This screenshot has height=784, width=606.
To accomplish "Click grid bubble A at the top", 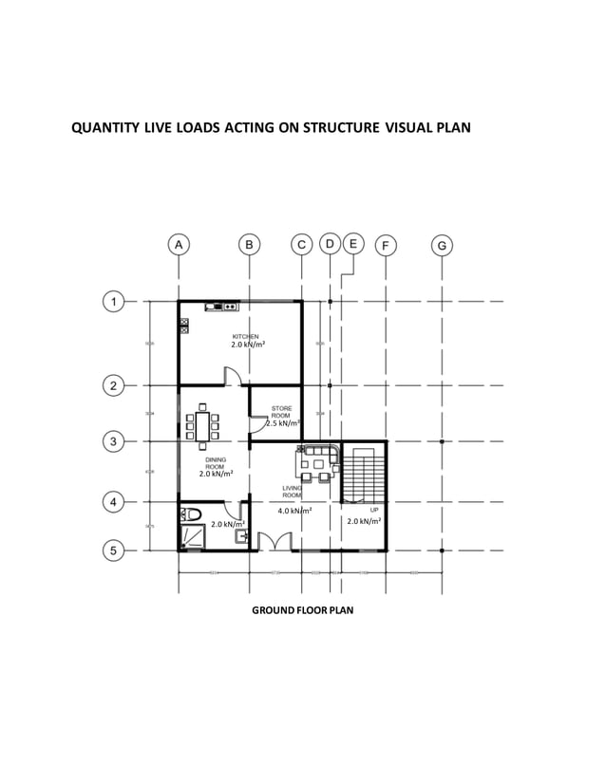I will coord(179,245).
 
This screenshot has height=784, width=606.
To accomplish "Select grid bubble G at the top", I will coord(443,246).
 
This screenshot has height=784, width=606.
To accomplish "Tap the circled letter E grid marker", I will coord(352,244).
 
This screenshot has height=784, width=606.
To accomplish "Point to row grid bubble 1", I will coord(113,302).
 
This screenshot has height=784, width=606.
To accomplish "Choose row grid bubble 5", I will coord(113,550).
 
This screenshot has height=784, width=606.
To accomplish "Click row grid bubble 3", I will coord(113,442).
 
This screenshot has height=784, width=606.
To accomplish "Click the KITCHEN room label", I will coord(245,337).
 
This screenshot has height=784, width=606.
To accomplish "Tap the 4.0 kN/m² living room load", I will coord(294,511).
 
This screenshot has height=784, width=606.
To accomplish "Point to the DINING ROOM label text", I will coord(216,464).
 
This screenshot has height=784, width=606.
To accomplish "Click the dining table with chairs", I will coord(203,426).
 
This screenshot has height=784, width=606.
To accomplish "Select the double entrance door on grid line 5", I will coord(274,542).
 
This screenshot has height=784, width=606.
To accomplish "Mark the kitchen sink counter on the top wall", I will coord(222,307).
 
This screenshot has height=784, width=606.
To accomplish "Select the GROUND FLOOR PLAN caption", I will coord(302,610).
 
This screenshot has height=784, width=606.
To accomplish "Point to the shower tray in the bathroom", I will coord(192,537).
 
